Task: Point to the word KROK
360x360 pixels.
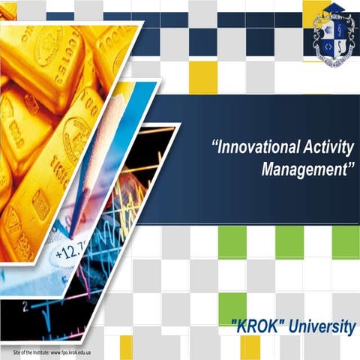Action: point(259,327)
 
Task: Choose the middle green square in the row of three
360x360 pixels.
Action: point(289,241)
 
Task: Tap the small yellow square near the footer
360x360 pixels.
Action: point(126,347)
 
